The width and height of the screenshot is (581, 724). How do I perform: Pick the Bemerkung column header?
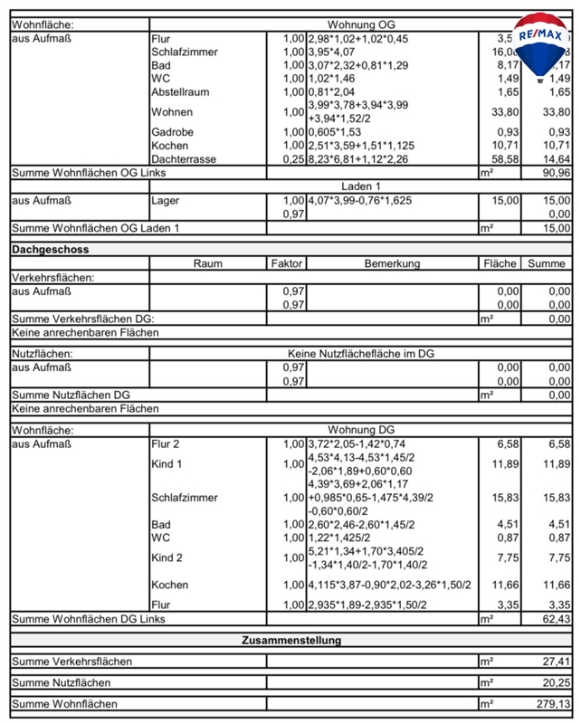click(392, 263)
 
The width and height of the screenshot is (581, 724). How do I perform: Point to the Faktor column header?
click(287, 263)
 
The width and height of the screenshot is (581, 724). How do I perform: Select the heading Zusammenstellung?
click(290, 640)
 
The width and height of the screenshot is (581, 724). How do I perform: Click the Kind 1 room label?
click(167, 464)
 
